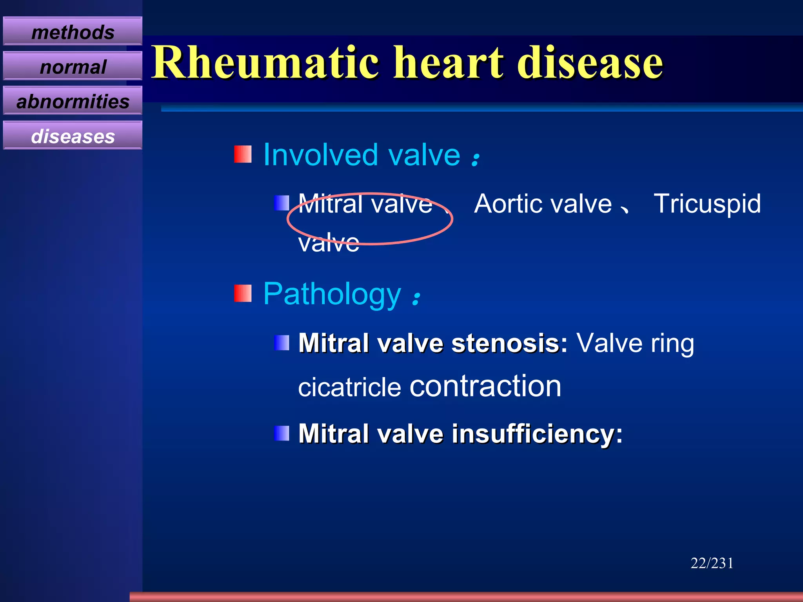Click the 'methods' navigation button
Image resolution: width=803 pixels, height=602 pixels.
[x=73, y=32]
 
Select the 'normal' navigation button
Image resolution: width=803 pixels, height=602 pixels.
[x=73, y=67]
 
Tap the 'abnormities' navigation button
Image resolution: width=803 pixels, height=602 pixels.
[x=73, y=101]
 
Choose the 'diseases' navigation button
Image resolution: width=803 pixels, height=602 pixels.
[x=73, y=136]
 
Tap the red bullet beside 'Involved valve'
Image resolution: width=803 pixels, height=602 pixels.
[x=243, y=154]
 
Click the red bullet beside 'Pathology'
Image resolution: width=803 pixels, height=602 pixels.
[x=243, y=294]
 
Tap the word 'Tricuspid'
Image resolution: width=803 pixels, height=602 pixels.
[x=707, y=204]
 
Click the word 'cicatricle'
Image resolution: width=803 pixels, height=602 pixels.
[x=349, y=387]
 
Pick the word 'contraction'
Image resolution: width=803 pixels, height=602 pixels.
[x=485, y=386]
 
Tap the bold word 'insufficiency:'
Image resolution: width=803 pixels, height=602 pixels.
[x=537, y=433]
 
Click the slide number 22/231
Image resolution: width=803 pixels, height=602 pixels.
[x=712, y=563]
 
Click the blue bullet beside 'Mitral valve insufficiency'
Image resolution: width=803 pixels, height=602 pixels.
[x=282, y=433]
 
